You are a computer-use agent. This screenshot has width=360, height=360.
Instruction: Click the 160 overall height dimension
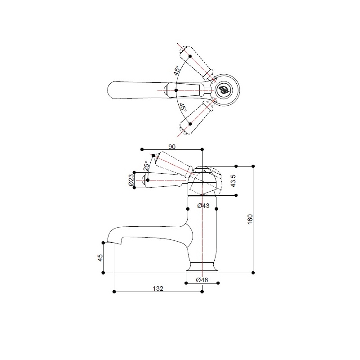250,219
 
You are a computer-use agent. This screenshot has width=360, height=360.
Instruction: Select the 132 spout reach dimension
158,288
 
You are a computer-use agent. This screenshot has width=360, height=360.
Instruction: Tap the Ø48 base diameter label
202,280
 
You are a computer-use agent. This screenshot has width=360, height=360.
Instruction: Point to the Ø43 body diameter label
203,206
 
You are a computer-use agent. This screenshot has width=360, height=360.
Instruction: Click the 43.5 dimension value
233,181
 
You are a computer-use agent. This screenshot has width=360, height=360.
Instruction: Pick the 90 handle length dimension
172,147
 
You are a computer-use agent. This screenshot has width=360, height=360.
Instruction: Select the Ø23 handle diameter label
130,180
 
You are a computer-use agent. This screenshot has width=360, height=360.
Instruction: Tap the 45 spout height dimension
100,257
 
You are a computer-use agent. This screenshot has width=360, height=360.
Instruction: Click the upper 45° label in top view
176,71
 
